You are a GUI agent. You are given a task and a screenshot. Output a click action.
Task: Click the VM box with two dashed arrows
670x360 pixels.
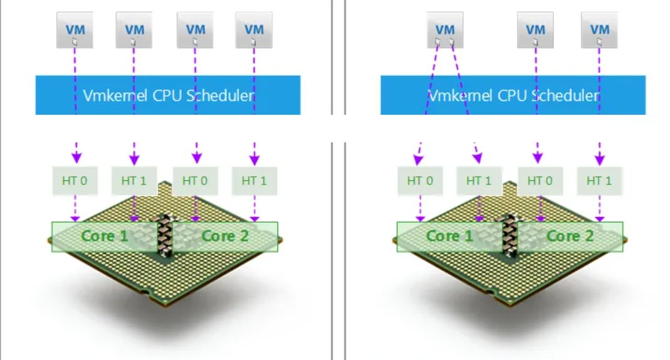pos(445,29)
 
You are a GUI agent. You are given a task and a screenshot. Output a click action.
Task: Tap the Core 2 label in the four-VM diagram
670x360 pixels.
pos(226,236)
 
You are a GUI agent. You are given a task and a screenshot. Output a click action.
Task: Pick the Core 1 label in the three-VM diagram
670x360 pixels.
pos(449,236)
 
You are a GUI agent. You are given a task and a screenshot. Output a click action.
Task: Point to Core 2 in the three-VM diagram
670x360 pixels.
pos(570,236)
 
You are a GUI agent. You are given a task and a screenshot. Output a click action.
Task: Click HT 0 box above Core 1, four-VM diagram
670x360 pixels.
pos(75,181)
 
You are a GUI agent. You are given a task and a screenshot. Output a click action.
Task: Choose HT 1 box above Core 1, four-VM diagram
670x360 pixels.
pos(133,181)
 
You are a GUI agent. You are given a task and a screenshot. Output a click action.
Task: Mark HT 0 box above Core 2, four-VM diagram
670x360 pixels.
pos(194,181)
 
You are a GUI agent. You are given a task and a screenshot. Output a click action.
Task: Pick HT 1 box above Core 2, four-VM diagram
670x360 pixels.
pos(254,181)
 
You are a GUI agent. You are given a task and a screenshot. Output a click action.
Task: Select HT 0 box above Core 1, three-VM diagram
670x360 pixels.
pos(420,181)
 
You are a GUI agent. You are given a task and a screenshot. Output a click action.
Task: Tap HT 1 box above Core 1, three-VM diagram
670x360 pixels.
pos(479,181)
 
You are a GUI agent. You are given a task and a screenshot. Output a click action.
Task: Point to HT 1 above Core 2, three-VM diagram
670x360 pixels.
pos(599,181)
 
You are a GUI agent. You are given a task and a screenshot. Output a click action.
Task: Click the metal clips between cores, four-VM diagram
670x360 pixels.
pos(165,235)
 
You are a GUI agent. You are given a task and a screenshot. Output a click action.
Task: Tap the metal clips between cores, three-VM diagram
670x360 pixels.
pos(510,235)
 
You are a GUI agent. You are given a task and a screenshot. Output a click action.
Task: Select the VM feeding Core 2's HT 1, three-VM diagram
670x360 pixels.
pos(600,29)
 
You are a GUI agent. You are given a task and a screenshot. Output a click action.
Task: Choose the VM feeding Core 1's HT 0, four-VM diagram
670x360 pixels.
pos(75,29)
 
